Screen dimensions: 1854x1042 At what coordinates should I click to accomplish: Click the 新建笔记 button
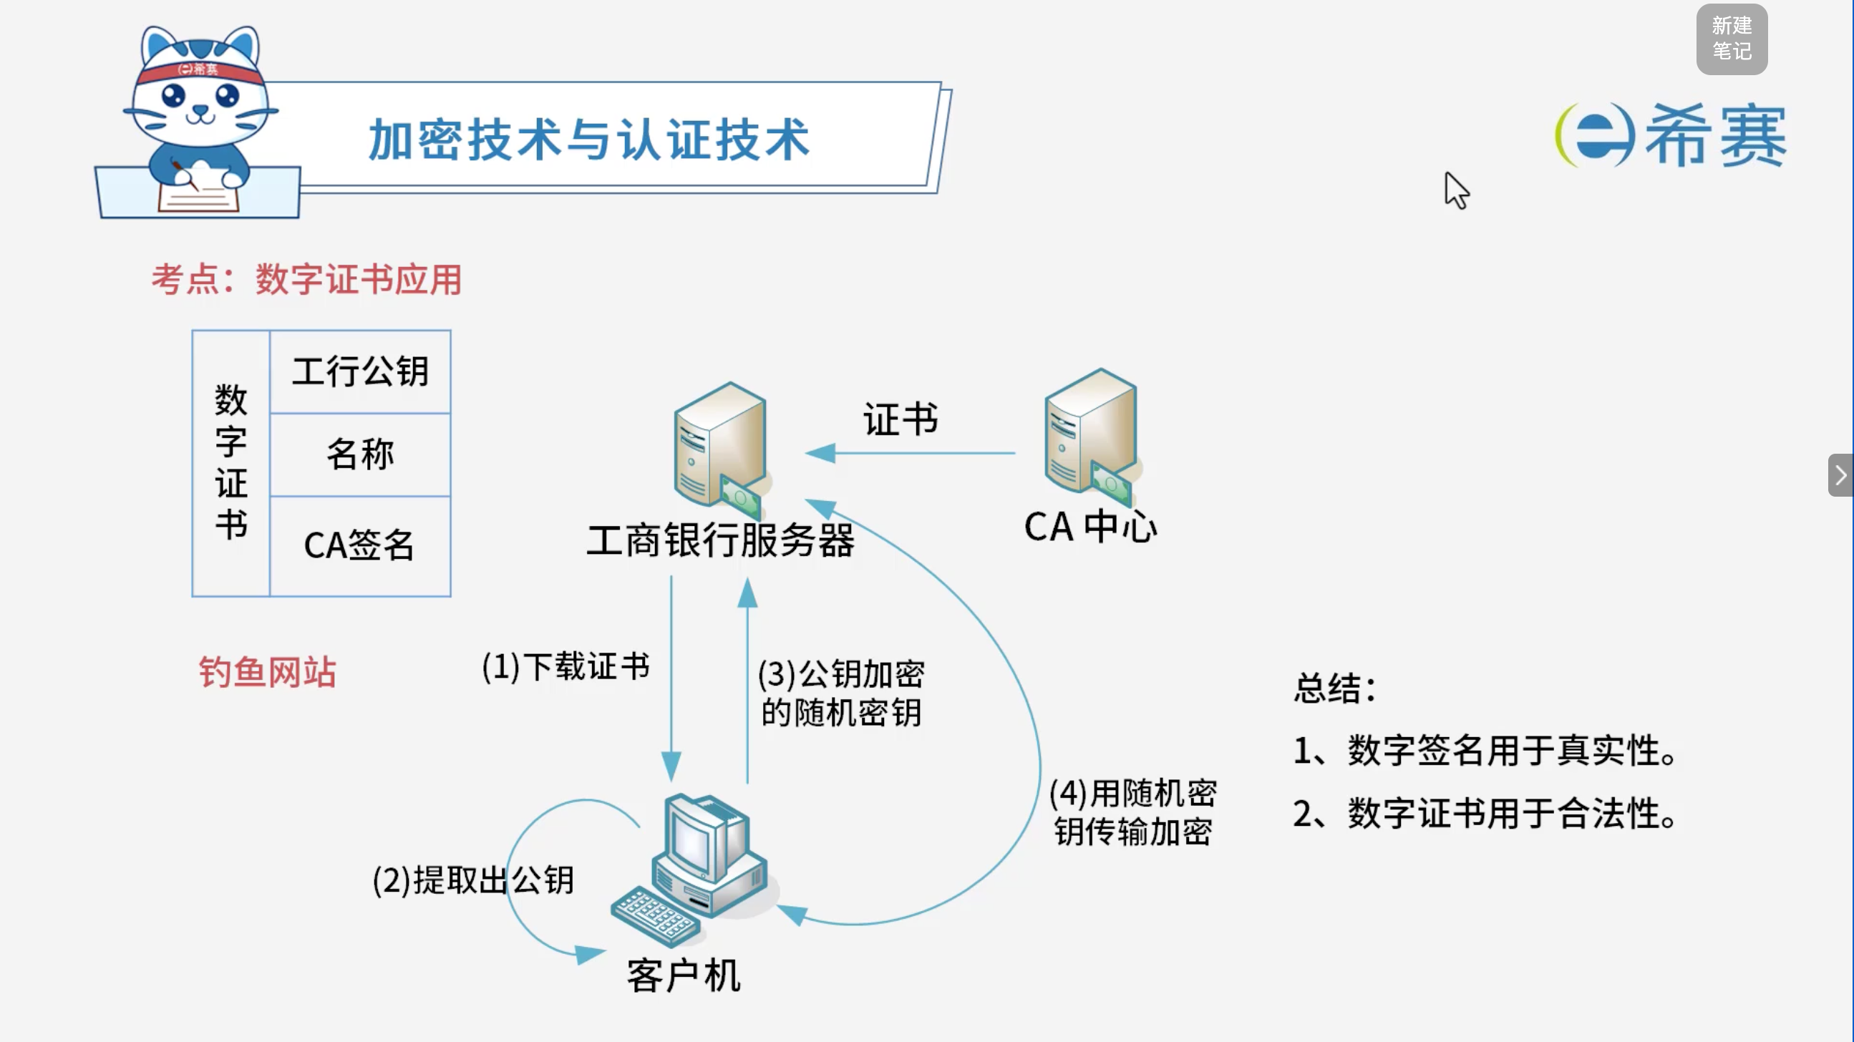coord(1732,39)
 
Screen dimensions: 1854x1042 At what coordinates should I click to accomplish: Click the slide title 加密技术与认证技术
coord(588,140)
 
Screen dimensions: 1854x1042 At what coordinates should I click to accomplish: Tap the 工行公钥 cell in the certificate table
coord(361,371)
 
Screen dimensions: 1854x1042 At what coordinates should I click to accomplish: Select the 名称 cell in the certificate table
coord(361,454)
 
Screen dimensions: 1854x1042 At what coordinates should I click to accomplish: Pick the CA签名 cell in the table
coord(361,545)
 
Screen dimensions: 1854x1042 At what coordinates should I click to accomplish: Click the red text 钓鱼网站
coord(267,671)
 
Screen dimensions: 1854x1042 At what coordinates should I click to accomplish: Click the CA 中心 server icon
coord(1092,438)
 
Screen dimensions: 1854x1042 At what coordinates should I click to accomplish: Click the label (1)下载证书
coord(566,666)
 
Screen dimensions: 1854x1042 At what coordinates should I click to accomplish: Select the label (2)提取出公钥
coord(473,880)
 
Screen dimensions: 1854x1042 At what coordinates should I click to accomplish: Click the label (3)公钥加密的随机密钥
coord(841,693)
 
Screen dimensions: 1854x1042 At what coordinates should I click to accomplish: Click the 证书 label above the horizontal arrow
coord(901,419)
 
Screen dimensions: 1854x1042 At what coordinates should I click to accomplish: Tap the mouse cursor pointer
coord(1455,190)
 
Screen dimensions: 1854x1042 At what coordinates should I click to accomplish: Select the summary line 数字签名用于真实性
coord(1485,751)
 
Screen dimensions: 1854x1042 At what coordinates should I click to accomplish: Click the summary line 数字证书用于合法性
coord(1485,813)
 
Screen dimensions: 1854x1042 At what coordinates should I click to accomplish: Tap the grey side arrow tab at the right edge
coord(1840,475)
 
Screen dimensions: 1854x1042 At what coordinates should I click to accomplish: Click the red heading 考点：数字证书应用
coord(306,279)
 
